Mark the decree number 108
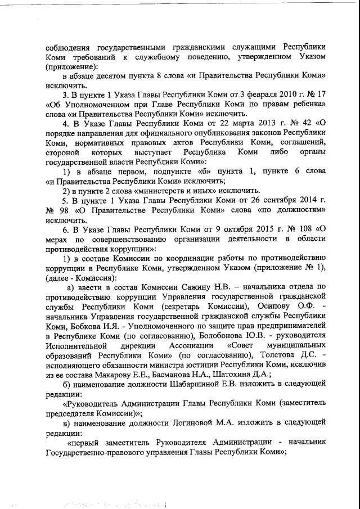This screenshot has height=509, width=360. pos(300,228)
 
